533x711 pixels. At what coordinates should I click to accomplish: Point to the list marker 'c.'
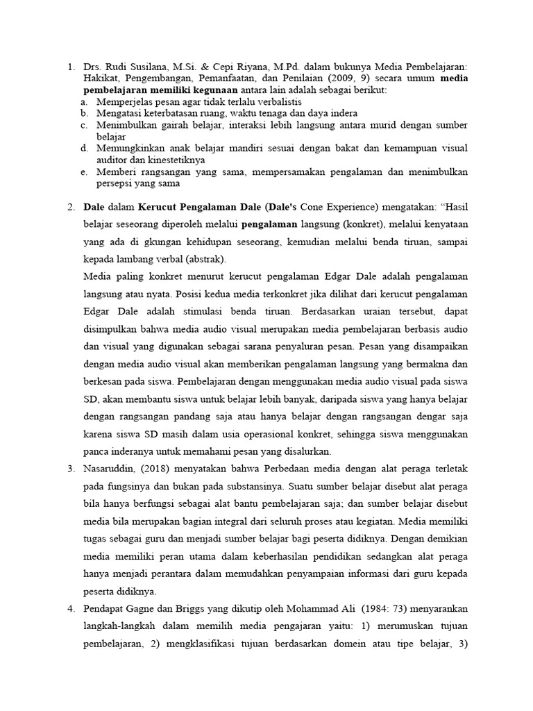tap(83, 125)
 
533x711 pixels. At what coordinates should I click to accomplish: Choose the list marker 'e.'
tap(83, 172)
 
